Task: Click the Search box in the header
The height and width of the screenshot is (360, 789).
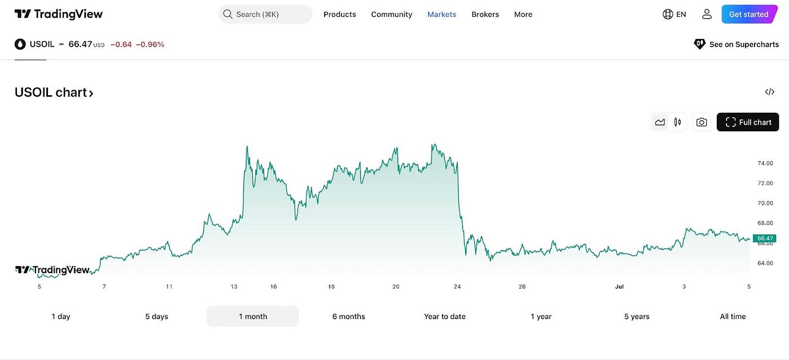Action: point(265,14)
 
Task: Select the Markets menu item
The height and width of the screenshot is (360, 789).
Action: point(442,14)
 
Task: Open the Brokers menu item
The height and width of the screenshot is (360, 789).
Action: point(485,14)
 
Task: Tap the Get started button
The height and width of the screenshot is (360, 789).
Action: point(748,14)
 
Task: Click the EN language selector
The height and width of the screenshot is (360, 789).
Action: point(675,14)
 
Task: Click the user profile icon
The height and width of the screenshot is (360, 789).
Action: point(707,14)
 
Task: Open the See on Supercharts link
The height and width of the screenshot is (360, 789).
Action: point(737,44)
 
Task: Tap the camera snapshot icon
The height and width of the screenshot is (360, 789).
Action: point(702,122)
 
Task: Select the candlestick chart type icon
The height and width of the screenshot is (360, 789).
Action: point(677,122)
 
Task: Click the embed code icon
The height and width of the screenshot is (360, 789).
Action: point(770,92)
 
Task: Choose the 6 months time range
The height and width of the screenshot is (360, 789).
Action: point(348,317)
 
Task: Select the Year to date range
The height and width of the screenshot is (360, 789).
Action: point(445,317)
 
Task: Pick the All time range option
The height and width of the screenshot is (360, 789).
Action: point(733,317)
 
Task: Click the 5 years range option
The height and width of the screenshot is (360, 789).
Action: point(637,317)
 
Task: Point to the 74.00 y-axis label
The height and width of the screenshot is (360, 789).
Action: point(765,163)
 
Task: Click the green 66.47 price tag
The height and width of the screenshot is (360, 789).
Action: point(765,238)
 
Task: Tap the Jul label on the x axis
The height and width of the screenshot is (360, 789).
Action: point(619,287)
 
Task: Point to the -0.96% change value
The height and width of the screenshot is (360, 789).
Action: point(150,44)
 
